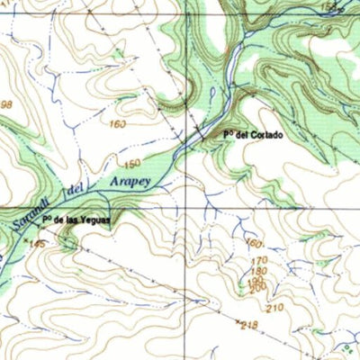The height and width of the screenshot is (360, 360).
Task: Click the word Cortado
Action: coord(266,135)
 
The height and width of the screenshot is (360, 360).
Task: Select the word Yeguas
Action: coord(94,220)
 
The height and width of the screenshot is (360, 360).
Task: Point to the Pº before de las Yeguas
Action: coord(47,220)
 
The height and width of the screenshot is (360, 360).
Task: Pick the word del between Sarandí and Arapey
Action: coord(75,191)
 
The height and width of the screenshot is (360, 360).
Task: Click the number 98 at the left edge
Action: coord(7,105)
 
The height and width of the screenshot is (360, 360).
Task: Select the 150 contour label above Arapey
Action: coord(133,164)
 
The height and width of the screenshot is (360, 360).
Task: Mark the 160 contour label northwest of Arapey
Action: coord(118,123)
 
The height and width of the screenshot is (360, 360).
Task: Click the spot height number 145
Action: coord(37,244)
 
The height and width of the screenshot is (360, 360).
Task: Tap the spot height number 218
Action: coord(249,325)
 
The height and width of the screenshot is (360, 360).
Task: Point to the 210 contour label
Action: coord(274,308)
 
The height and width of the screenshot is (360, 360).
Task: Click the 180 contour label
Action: coord(259,271)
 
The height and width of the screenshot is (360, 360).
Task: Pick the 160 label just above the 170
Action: coord(254,244)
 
